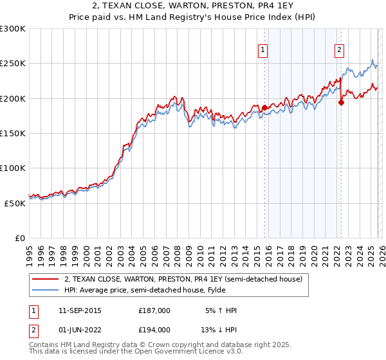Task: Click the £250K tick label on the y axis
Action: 13,64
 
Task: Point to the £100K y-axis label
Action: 13,168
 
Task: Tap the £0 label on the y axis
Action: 20,238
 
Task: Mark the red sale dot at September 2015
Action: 264,108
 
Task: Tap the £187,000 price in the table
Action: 154,310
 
